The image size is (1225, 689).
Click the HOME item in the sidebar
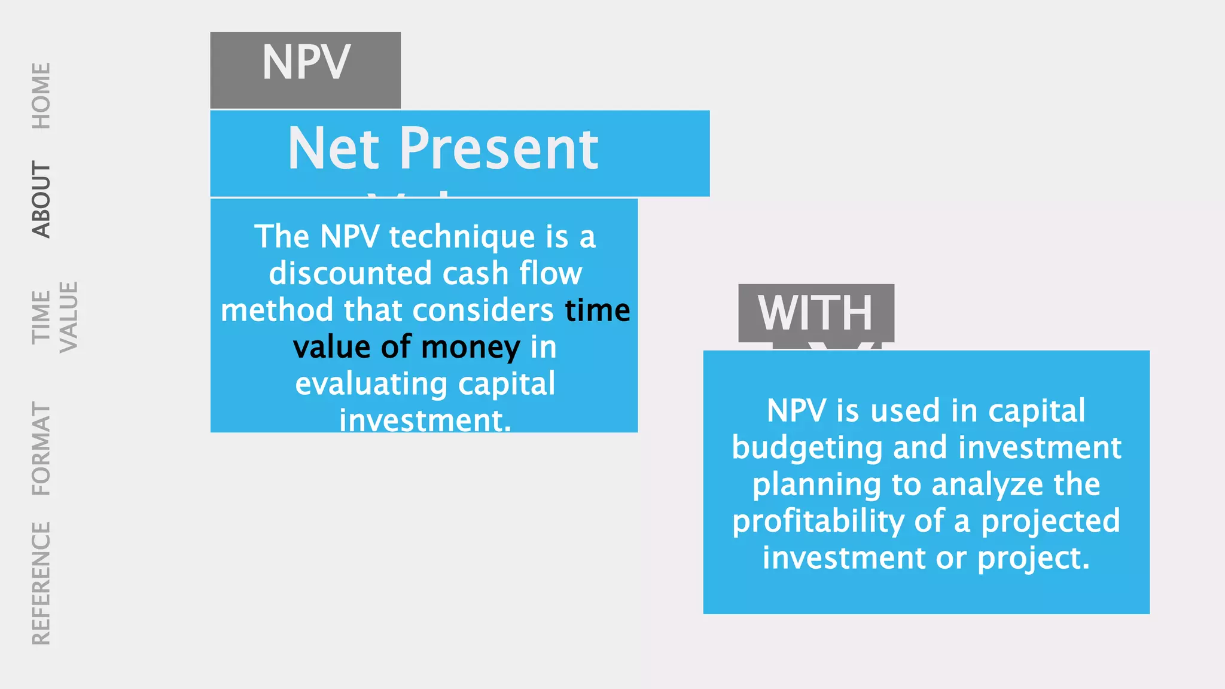click(x=41, y=96)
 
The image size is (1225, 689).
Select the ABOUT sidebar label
click(x=41, y=199)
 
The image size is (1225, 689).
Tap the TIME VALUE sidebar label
click(x=54, y=317)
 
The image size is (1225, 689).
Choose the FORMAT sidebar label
click(x=41, y=449)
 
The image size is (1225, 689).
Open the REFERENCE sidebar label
click(x=41, y=583)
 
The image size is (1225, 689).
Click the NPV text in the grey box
click(x=306, y=63)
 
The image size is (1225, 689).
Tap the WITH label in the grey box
click(x=815, y=313)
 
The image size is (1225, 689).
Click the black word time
click(x=597, y=310)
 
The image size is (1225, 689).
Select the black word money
click(x=470, y=347)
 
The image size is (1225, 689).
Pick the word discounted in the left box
click(x=351, y=273)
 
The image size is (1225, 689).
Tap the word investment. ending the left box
click(x=425, y=420)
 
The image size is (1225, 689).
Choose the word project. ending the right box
click(x=1034, y=558)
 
